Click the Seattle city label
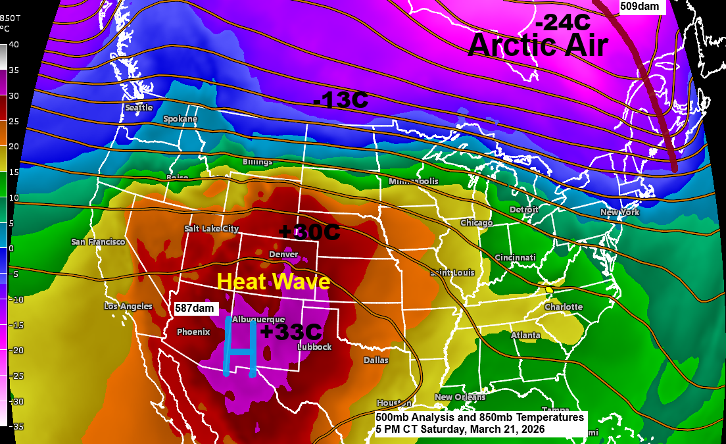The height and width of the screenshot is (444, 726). coord(139,107)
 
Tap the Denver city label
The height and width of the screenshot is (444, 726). coord(283,255)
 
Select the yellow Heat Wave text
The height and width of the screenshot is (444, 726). coord(273,282)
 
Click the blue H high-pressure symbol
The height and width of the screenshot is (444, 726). coord(239,347)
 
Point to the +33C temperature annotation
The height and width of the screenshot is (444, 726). coord(290,332)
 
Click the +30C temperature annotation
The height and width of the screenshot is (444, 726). coord(308,232)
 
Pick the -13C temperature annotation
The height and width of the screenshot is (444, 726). coord(340,101)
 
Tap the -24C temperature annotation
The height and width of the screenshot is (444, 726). coord(562,22)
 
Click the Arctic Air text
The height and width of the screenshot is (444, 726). coord(538,45)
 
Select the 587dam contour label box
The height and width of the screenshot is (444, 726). coord(195,308)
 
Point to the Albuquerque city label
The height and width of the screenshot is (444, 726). coord(258,319)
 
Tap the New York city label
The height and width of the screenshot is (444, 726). coord(619,212)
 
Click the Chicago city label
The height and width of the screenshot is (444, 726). coord(477,223)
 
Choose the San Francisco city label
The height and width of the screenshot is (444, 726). coord(98,242)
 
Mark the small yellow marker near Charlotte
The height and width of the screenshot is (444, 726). coord(548,289)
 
